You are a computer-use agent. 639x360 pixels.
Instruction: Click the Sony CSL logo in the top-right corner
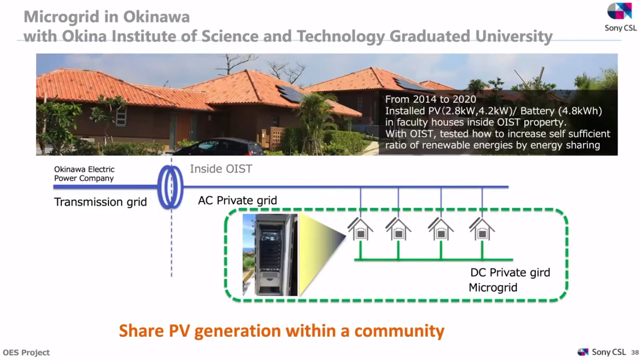point(620,16)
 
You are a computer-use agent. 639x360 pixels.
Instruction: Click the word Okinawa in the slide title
point(156,16)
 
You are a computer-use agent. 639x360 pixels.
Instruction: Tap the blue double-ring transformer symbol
point(171,187)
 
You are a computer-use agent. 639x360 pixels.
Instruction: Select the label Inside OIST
point(221,169)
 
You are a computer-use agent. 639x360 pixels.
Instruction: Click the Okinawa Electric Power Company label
point(84,174)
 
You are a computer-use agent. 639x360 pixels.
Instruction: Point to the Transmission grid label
point(100,202)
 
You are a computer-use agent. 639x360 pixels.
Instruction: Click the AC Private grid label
point(238,200)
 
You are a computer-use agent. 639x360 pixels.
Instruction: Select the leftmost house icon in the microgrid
point(360,229)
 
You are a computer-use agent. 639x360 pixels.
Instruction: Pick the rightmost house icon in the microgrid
point(482,229)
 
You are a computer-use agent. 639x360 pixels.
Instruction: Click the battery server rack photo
point(270,255)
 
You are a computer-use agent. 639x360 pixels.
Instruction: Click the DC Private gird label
point(510,272)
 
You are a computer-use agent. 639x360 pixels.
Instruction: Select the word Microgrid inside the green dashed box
point(493,287)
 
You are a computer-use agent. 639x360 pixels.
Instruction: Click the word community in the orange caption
point(400,331)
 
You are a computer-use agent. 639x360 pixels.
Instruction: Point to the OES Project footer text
point(26,352)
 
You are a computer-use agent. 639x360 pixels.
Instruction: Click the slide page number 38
point(635,352)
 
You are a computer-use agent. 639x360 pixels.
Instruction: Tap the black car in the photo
point(218,147)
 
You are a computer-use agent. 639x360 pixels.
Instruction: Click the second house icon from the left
point(398,229)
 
